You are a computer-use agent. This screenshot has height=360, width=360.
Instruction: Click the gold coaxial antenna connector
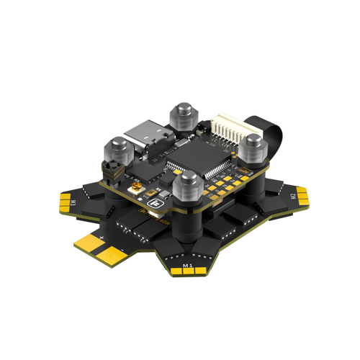tap(134, 188)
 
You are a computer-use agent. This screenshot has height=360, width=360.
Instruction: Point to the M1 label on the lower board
tap(188, 265)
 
